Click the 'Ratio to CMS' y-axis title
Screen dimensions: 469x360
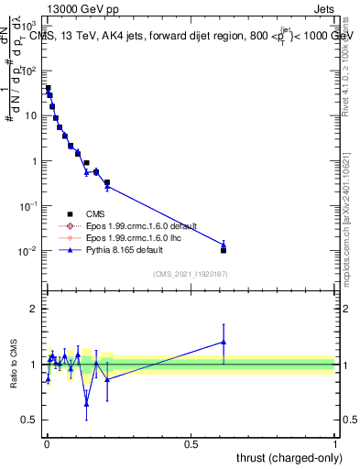click(x=13, y=364)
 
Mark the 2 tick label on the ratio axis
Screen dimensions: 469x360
click(x=33, y=309)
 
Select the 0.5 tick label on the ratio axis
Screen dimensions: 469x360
click(x=30, y=420)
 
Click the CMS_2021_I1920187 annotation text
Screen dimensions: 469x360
click(x=191, y=273)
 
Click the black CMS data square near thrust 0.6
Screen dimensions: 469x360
click(x=224, y=250)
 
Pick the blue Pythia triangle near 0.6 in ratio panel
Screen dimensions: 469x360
click(x=224, y=342)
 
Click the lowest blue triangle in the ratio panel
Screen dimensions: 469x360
click(x=86, y=403)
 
